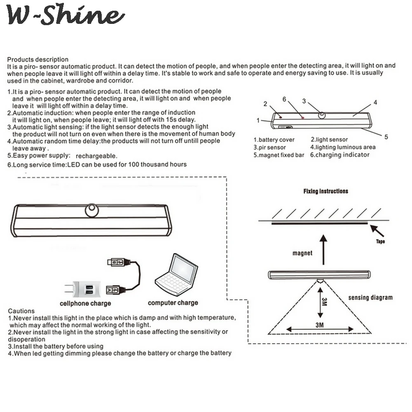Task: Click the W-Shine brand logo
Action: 66,16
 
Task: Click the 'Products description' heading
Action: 38,60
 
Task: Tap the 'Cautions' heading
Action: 21,311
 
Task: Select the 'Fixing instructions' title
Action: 325,191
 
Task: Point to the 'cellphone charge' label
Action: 85,304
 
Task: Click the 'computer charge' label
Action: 173,303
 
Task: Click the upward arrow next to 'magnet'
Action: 323,249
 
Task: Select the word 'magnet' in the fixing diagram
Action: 302,253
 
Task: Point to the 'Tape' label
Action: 380,241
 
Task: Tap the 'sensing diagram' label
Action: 370,297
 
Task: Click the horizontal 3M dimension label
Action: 319,325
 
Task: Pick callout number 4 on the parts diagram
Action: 375,103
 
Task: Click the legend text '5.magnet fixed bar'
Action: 279,155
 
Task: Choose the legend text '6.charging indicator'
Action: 340,155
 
